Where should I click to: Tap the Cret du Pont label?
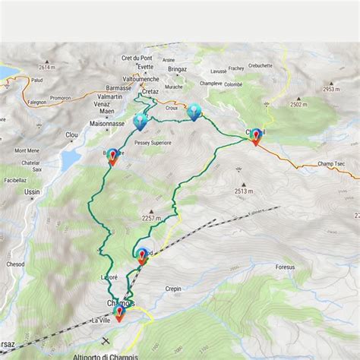(x=136, y=58)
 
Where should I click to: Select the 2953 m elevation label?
(x=329, y=90)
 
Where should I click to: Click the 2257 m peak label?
(x=153, y=218)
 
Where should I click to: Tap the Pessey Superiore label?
(x=153, y=142)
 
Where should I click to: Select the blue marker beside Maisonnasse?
(x=141, y=121)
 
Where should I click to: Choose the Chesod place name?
(x=16, y=265)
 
